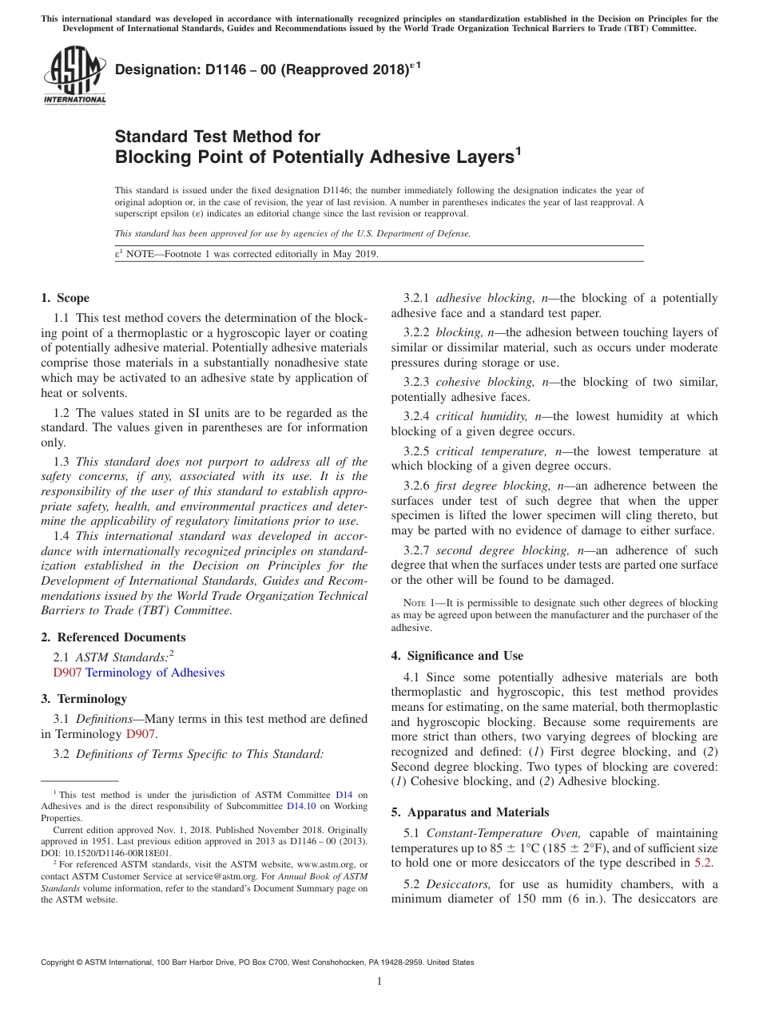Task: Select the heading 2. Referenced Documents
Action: [113, 637]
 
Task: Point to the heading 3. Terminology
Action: [84, 699]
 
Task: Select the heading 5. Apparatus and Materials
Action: [470, 812]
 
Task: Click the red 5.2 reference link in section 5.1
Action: [704, 863]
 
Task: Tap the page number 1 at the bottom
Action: [379, 982]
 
